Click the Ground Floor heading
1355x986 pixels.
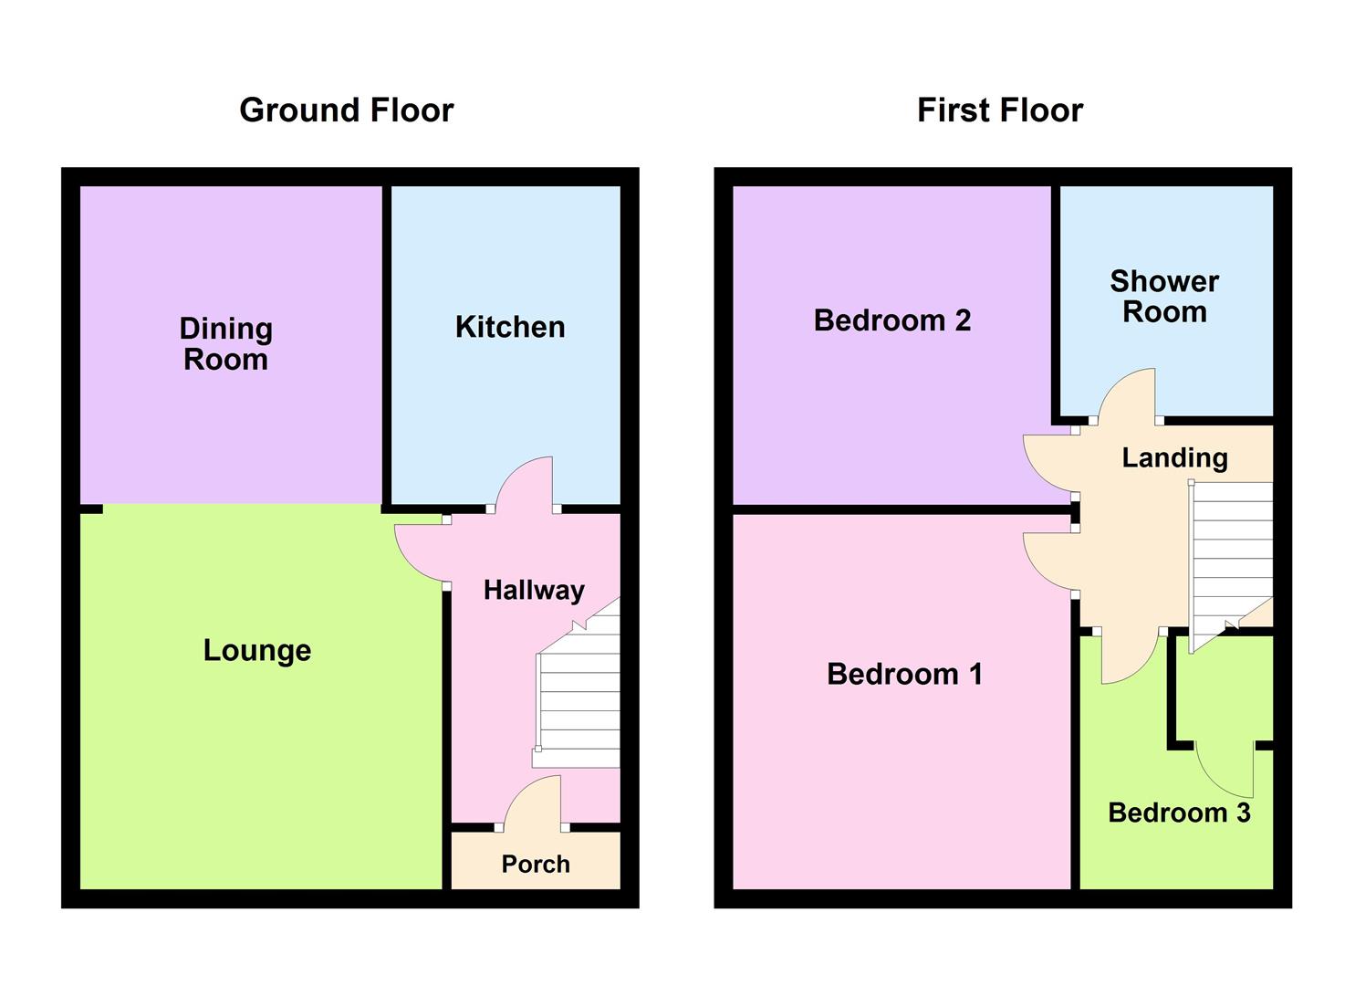(x=347, y=110)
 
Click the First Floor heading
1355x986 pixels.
(x=1000, y=110)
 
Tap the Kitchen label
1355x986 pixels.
(x=510, y=327)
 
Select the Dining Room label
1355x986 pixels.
(x=225, y=344)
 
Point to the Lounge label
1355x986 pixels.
(x=257, y=651)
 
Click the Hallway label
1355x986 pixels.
(x=534, y=590)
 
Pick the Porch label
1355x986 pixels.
(x=536, y=865)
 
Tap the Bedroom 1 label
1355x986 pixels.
(x=904, y=674)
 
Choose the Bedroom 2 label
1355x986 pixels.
(x=892, y=320)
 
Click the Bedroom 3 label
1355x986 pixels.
(x=1179, y=813)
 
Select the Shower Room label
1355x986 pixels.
(x=1164, y=297)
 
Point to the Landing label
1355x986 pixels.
(x=1174, y=457)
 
